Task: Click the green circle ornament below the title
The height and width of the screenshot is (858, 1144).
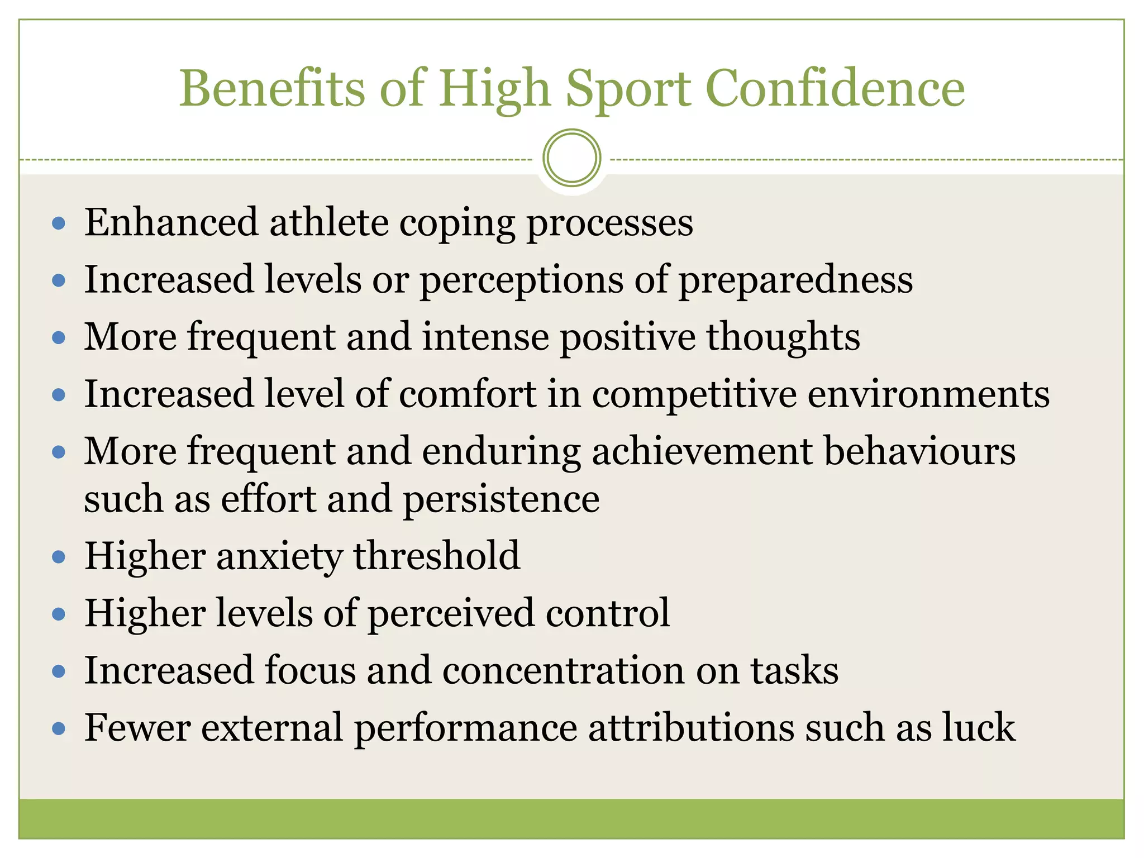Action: [571, 158]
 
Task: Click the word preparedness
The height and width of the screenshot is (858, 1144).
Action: [795, 280]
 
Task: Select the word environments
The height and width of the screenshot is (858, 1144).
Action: [928, 394]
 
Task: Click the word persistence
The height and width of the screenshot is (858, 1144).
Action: [501, 499]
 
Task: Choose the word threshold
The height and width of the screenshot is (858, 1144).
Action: [436, 556]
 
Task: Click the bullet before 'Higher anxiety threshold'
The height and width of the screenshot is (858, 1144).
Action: [59, 557]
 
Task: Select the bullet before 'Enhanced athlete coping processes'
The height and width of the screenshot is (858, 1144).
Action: [59, 224]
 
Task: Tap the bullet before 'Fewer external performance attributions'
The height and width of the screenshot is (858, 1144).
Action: [59, 729]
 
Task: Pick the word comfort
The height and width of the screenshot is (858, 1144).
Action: [467, 394]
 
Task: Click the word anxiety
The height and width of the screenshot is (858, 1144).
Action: [279, 557]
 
